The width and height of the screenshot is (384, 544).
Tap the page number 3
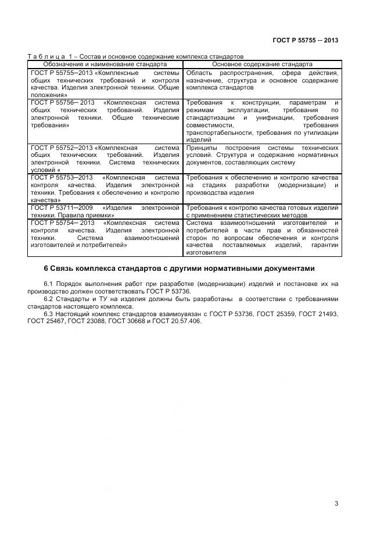click(x=336, y=503)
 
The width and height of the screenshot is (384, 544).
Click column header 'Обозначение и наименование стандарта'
click(x=105, y=64)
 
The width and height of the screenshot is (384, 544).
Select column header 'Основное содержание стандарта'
click(x=262, y=64)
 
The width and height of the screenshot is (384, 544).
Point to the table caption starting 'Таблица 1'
click(x=135, y=56)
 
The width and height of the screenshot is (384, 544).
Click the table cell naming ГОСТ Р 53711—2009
click(x=105, y=210)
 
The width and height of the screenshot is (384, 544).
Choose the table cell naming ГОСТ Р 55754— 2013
click(x=105, y=234)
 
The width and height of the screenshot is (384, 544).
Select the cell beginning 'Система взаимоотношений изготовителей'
click(x=262, y=237)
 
